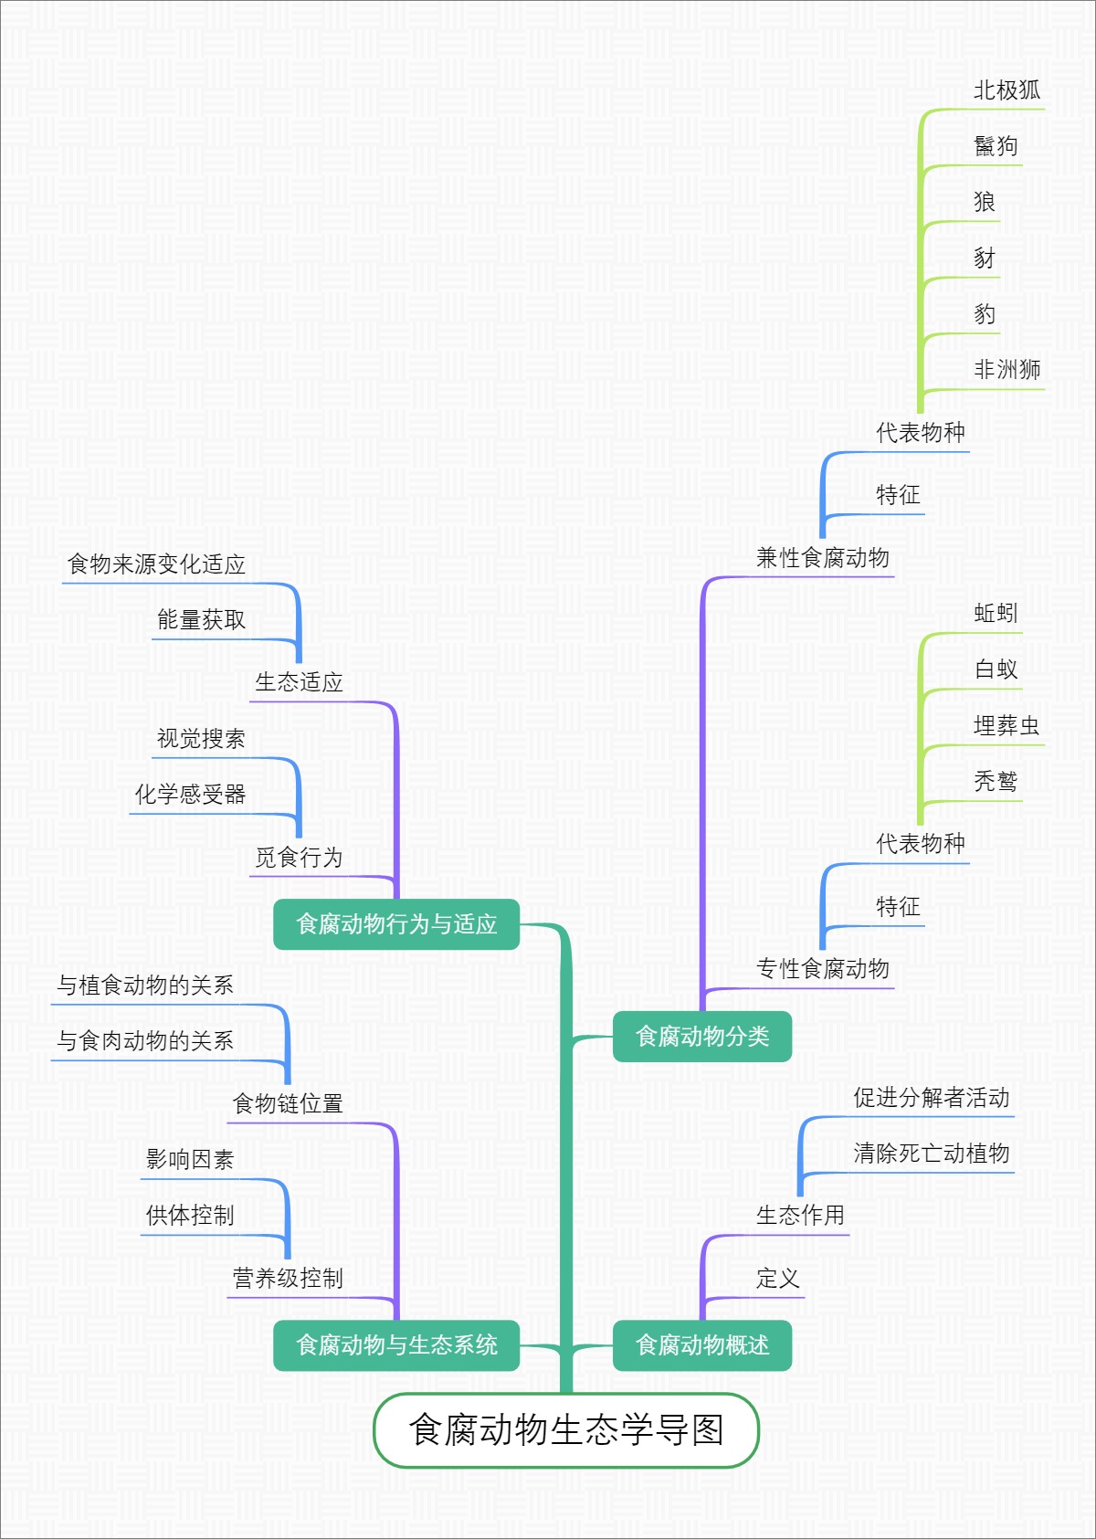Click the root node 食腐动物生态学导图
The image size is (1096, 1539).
[x=565, y=1429]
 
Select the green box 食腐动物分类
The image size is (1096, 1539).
[x=701, y=1036]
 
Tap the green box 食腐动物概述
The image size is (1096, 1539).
[x=701, y=1344]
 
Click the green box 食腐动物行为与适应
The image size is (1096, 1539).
[x=396, y=923]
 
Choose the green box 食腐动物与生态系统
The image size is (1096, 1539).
[x=396, y=1344]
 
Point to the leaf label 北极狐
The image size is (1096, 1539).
[x=1006, y=90]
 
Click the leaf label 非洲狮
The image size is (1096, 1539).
[x=1006, y=369]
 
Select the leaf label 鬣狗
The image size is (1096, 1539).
[x=996, y=146]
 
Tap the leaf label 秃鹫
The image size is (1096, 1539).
[x=996, y=781]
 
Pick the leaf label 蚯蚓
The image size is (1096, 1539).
[x=996, y=613]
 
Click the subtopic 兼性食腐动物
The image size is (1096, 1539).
[x=822, y=557]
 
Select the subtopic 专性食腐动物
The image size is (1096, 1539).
[x=822, y=968]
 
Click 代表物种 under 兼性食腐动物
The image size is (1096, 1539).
[x=920, y=432]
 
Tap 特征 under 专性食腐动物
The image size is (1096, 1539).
[x=898, y=906]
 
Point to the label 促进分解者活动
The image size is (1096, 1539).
[x=931, y=1097]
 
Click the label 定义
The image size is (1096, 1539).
[x=777, y=1278]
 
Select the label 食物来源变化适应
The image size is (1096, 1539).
[x=156, y=564]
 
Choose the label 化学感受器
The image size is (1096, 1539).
[x=190, y=794]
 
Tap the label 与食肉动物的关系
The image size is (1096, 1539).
[x=145, y=1040]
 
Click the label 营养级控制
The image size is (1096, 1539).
[x=288, y=1278]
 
